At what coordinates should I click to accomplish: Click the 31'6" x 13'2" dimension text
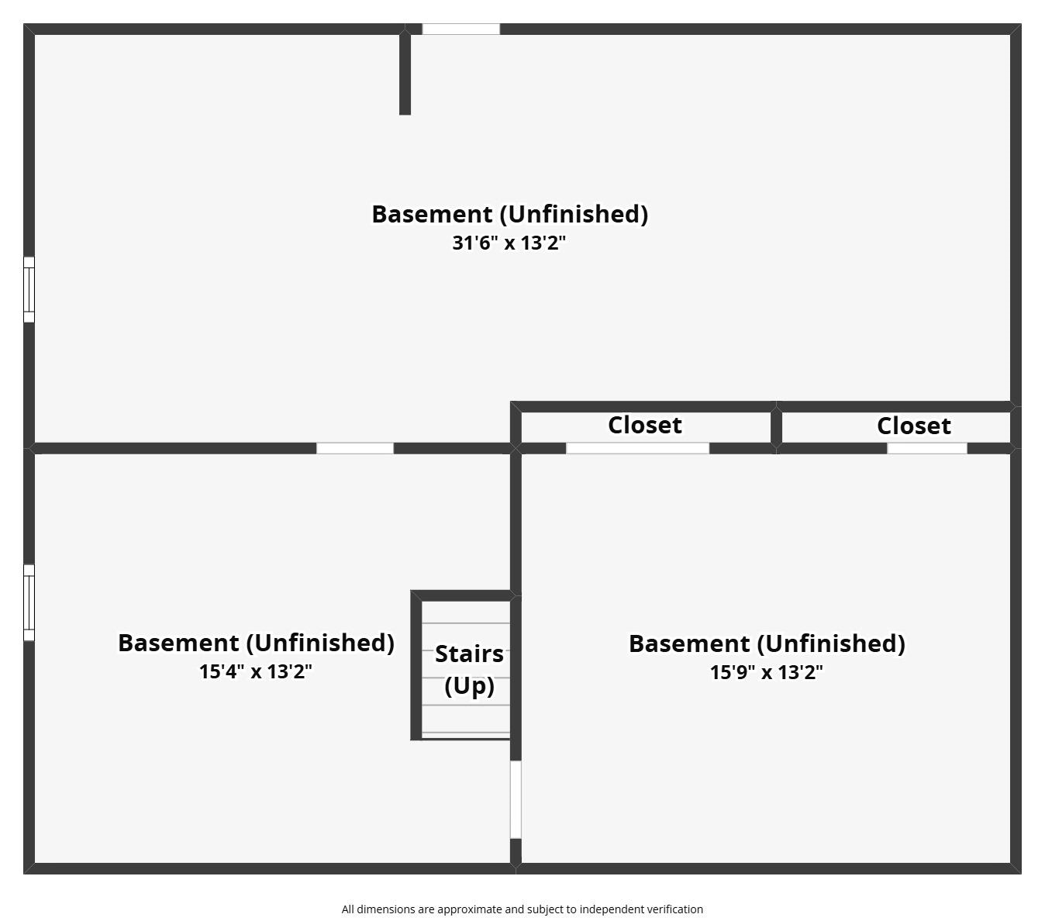[x=509, y=243]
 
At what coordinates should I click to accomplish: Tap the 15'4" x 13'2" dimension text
[x=256, y=671]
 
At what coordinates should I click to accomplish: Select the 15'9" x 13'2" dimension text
[x=767, y=672]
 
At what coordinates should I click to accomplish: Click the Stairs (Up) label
[x=469, y=670]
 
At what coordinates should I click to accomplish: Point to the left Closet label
[x=645, y=425]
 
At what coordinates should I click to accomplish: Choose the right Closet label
[x=914, y=426]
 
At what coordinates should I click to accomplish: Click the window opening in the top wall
[x=460, y=29]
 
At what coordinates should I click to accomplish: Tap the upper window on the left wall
[x=29, y=289]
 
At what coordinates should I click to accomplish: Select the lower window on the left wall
[x=29, y=602]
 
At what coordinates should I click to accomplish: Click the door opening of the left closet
[x=637, y=448]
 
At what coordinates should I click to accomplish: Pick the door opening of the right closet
[x=927, y=448]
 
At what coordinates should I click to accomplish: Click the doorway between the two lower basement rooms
[x=516, y=799]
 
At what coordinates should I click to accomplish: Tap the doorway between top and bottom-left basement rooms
[x=355, y=448]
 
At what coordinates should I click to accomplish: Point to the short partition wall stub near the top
[x=405, y=74]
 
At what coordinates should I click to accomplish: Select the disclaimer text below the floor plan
[x=522, y=909]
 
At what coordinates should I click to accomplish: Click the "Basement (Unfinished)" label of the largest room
[x=509, y=214]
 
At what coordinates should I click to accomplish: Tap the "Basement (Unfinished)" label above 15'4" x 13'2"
[x=256, y=643]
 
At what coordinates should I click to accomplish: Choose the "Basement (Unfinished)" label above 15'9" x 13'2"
[x=767, y=643]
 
